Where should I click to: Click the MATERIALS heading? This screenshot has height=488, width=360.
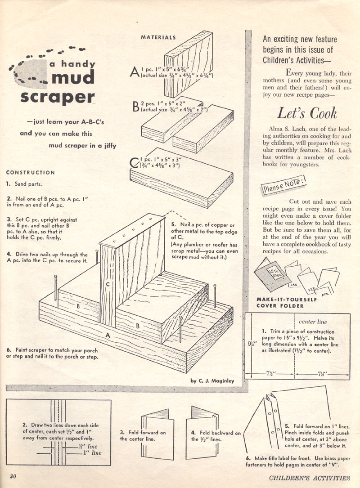pos(158,38)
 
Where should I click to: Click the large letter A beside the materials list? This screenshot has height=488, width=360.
pos(134,72)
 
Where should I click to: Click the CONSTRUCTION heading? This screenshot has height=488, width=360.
pos(31,172)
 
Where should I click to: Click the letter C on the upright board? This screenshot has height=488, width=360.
pos(108,285)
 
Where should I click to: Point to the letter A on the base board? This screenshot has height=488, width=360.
pos(107,335)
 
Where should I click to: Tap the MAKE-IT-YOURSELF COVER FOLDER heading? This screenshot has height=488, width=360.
pos(281,302)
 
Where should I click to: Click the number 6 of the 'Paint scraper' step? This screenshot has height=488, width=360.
pos(9,349)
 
